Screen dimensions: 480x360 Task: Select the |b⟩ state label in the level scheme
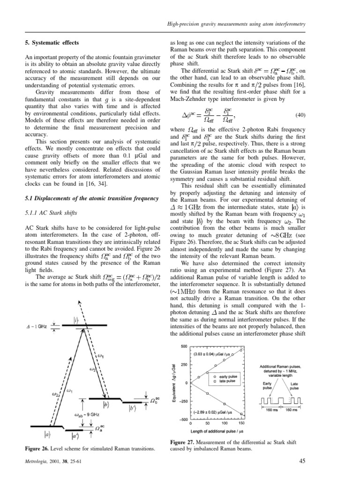tap(107, 403)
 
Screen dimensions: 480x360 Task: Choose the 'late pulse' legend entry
tap(226, 381)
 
